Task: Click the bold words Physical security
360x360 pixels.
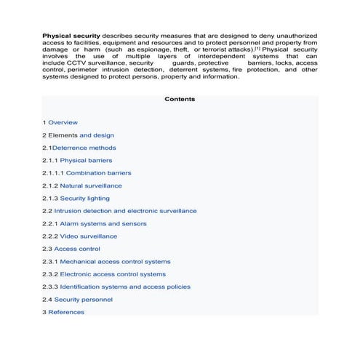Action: pos(71,35)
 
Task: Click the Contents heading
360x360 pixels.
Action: pos(180,99)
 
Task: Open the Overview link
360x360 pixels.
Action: pos(63,122)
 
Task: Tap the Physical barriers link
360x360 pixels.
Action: pos(86,160)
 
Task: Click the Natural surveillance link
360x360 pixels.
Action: pos(91,185)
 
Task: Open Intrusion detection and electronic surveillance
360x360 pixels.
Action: pos(125,211)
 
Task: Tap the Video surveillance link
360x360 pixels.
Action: pos(88,236)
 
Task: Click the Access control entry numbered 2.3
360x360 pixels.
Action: pos(77,249)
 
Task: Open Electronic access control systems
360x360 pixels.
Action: pos(113,274)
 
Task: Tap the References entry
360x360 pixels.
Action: pos(66,312)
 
